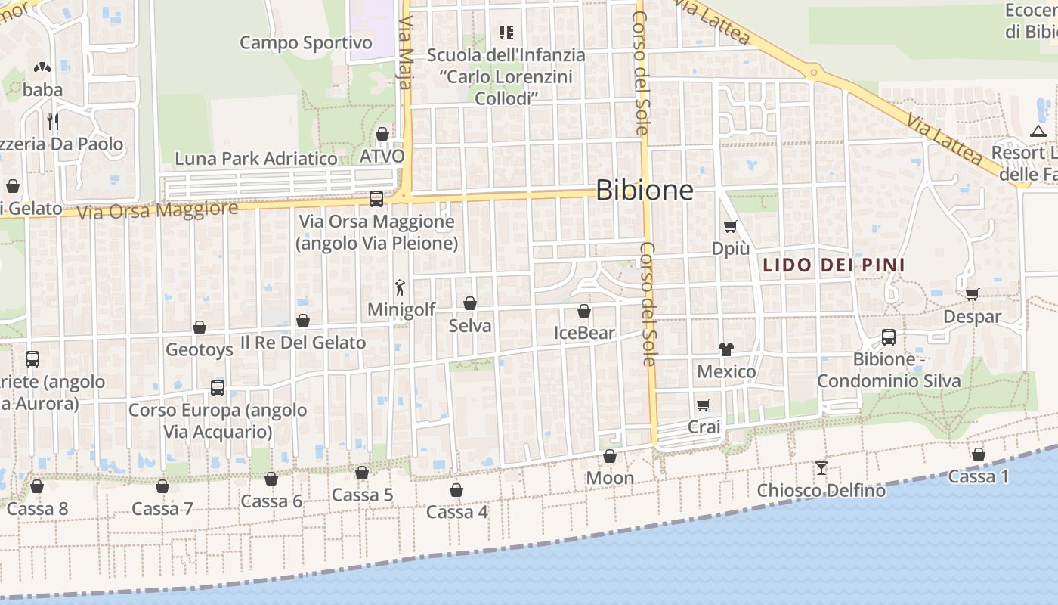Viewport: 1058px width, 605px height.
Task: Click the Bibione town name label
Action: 644,190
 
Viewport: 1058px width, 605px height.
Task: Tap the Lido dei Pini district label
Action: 834,265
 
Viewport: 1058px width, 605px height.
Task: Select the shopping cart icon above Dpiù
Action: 730,226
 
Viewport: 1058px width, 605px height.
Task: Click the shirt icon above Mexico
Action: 726,349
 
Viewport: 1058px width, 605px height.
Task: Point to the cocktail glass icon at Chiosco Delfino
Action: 821,468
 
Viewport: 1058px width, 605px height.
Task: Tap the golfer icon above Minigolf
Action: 401,287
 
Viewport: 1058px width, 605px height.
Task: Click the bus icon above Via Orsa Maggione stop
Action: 376,199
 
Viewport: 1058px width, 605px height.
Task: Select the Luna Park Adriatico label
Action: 256,159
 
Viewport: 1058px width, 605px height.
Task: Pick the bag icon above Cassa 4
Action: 456,490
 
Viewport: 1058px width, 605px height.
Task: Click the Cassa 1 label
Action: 979,477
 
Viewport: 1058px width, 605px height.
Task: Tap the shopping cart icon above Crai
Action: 704,405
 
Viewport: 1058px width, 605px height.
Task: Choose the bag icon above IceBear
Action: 584,311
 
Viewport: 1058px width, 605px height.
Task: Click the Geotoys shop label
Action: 200,349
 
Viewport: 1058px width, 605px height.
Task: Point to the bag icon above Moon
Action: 610,456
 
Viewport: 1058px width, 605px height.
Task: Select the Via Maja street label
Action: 405,53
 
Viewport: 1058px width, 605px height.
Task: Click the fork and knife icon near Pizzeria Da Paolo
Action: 52,121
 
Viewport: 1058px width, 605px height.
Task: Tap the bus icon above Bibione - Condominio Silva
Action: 889,337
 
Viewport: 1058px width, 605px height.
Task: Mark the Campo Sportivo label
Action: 306,43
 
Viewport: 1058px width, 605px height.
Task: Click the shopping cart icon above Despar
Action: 972,294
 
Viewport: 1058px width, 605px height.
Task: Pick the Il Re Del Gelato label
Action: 303,343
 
